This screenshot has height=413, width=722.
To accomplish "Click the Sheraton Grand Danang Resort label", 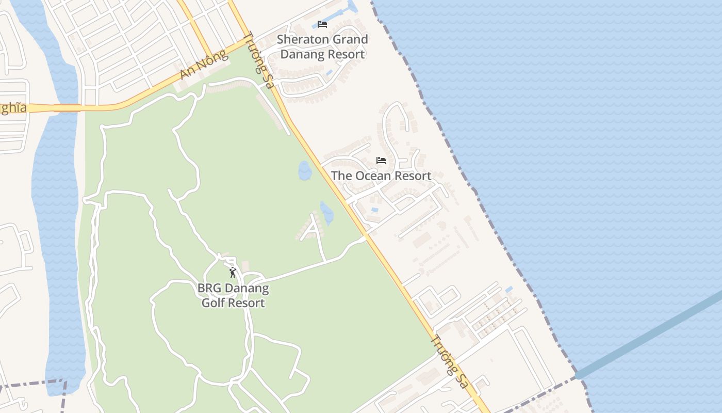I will [322, 46].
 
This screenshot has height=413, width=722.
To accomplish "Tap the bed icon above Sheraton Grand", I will [322, 24].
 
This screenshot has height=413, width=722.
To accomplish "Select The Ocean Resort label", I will [381, 176].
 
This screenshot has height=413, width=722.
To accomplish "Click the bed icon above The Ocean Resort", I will [381, 161].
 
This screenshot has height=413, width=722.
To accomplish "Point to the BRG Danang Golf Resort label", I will [233, 295].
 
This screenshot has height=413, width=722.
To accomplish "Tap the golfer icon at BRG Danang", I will [233, 273].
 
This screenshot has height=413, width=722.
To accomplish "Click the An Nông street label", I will [204, 65].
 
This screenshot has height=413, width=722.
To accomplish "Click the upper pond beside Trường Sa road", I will [305, 171].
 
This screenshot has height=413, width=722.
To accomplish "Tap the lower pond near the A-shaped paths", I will [327, 213].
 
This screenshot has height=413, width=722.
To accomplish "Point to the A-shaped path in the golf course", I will [313, 228].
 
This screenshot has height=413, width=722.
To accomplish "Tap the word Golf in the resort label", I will [213, 303].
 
